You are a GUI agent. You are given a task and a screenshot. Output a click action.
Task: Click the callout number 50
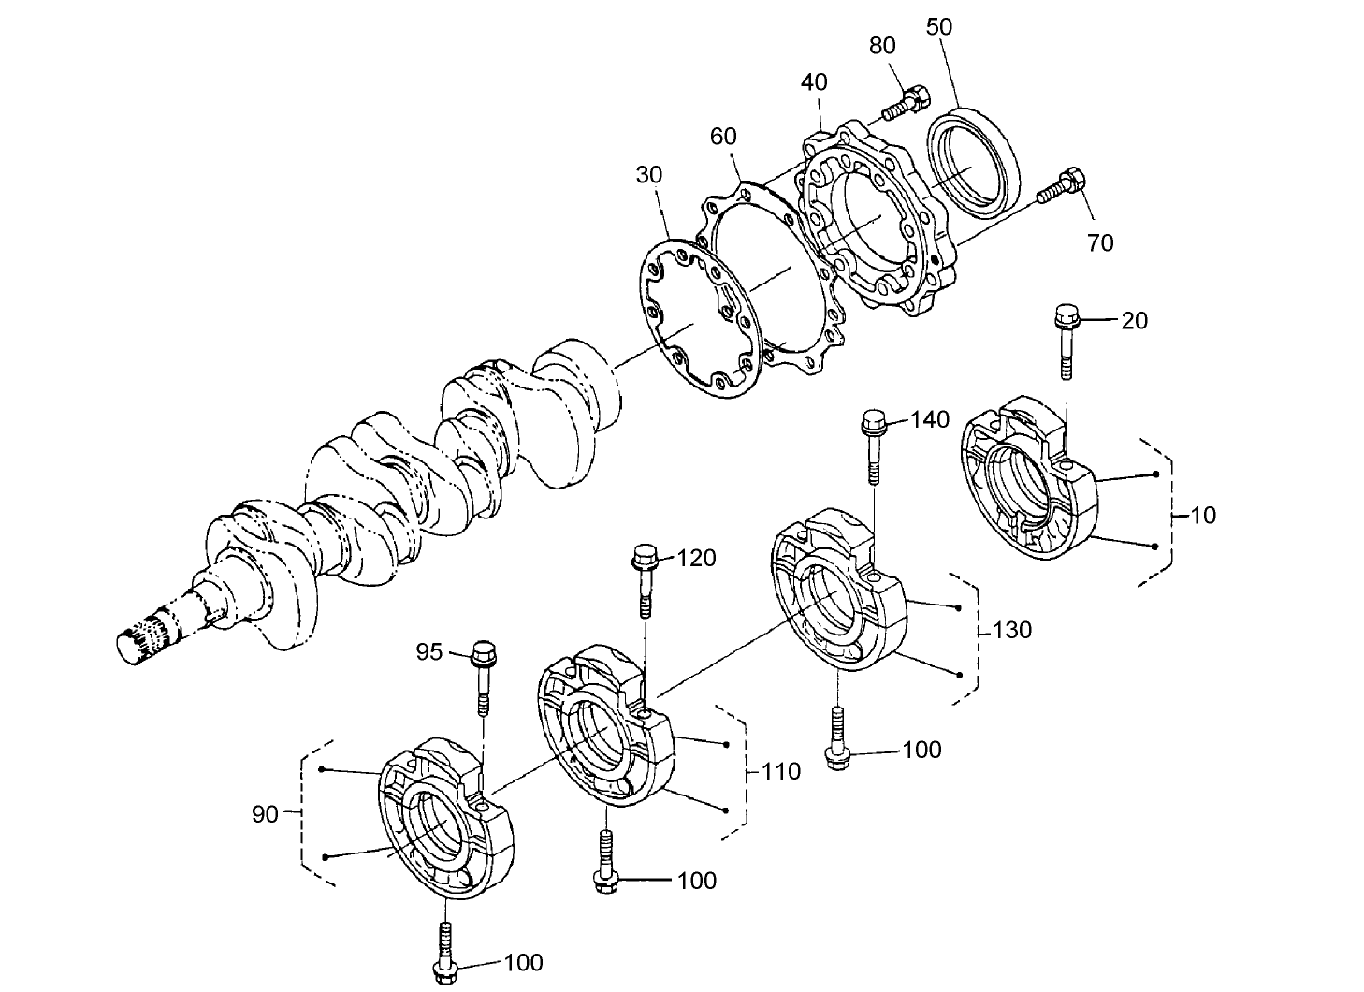click(x=938, y=27)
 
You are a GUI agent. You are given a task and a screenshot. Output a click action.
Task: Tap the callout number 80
click(x=881, y=46)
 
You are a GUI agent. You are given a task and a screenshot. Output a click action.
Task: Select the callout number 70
click(x=1100, y=243)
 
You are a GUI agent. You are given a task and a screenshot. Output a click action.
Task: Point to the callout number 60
click(x=723, y=138)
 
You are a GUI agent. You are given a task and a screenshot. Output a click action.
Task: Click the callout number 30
click(x=649, y=175)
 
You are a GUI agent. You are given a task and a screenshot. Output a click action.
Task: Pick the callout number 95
click(x=428, y=652)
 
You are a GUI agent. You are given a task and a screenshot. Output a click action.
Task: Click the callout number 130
click(x=1012, y=630)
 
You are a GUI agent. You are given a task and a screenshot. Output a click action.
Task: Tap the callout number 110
click(x=781, y=771)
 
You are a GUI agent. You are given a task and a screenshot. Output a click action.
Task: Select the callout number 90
click(x=265, y=814)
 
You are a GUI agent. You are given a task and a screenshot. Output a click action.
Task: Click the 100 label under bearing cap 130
click(x=921, y=751)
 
